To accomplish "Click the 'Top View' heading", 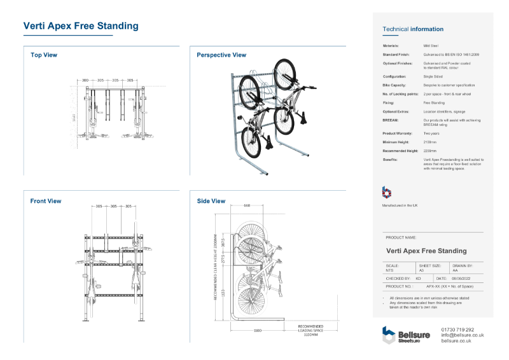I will click(44, 55).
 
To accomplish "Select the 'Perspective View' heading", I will click(221, 55).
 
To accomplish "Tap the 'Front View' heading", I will click(46, 201).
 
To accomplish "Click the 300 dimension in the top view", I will click(85, 81).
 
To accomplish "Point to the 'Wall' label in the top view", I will click(74, 117).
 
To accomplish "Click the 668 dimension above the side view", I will click(248, 205).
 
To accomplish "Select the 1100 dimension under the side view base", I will click(258, 331).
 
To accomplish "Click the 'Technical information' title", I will click(412, 29).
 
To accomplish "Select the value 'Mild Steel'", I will click(431, 46).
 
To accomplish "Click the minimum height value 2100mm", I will click(431, 142).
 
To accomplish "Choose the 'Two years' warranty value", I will click(431, 134).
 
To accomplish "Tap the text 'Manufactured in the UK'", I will click(400, 205).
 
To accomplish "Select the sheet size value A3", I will click(421, 270).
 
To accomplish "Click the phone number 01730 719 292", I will click(457, 329).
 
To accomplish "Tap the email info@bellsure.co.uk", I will click(463, 335).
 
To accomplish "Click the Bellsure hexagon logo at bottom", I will click(388, 335).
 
